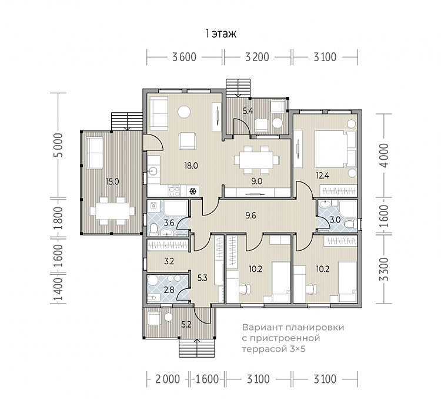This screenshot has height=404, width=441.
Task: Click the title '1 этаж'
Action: point(220,33)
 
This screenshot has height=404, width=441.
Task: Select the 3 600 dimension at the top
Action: point(184,57)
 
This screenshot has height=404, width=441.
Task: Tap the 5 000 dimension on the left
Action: point(58,149)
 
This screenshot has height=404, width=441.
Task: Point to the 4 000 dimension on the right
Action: point(383,155)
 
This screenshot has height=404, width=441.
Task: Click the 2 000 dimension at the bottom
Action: point(168,379)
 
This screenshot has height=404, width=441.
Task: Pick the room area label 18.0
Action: point(191,166)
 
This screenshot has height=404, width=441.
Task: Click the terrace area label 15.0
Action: point(112,182)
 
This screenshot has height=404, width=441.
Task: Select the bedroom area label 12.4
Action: point(323,176)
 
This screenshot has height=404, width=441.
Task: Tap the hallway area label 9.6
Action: point(250,216)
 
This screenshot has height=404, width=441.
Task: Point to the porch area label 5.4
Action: point(248,111)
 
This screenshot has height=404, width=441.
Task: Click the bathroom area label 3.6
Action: point(169,223)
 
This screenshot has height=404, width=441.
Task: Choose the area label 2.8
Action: point(169,289)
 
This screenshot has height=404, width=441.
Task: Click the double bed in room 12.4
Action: point(336,149)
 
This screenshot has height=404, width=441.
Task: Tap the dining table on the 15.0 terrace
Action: point(112,211)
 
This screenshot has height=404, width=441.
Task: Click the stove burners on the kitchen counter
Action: point(174,190)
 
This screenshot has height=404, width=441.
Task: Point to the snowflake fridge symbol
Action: point(193,191)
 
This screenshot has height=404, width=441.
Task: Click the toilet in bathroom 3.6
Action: point(153,229)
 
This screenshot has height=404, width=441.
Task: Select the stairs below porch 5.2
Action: point(197,348)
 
